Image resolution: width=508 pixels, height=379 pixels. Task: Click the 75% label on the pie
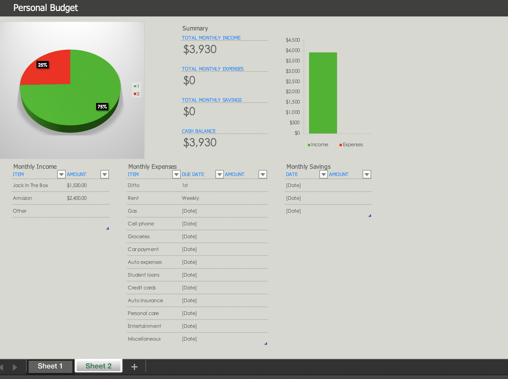102,107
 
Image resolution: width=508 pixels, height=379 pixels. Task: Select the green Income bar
323,93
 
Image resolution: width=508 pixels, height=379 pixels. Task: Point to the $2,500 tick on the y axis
293,81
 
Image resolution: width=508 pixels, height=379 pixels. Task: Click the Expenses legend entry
351,145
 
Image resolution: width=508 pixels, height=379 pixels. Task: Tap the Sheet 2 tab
99,366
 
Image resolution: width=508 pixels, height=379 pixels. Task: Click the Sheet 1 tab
50,366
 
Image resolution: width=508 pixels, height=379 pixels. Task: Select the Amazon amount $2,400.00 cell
77,198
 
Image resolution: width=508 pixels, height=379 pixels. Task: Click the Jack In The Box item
30,185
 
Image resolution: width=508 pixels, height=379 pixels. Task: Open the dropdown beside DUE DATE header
219,174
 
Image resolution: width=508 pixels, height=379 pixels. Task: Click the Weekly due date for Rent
190,198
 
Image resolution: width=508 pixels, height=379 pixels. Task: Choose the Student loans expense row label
144,275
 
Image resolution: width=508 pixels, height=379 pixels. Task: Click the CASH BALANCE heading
199,131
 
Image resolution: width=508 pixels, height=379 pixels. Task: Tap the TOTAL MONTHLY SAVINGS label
212,100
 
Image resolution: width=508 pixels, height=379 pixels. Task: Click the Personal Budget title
46,8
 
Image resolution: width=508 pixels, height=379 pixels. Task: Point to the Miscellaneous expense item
144,339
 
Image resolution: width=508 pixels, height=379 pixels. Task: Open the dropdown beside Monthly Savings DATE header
323,174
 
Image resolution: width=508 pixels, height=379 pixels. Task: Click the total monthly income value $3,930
200,49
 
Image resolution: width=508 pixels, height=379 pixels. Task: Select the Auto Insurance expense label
145,300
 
